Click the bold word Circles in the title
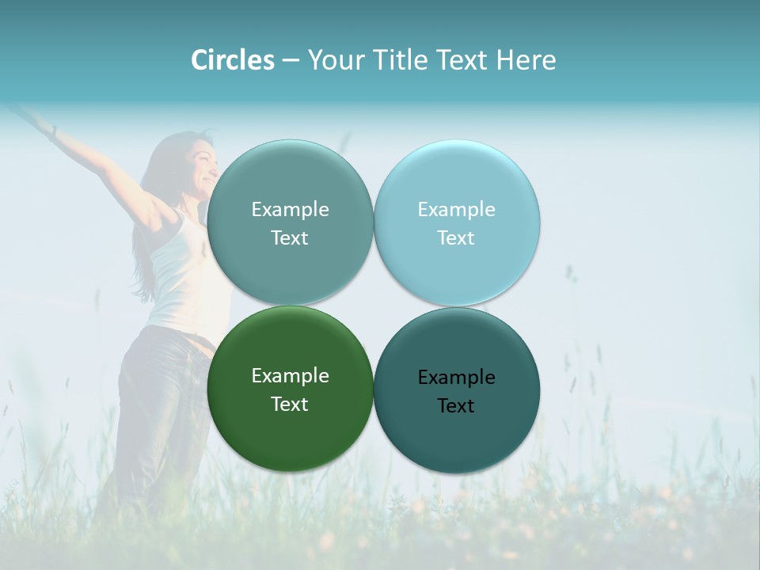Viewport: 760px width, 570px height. tap(232, 60)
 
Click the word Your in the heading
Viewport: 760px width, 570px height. tap(332, 60)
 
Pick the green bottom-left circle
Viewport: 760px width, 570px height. tap(290, 431)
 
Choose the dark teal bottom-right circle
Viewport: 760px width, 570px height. tap(457, 435)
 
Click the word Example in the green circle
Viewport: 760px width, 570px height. tap(290, 376)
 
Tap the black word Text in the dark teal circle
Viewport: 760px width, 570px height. tap(456, 406)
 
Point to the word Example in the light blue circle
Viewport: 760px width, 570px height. tap(456, 210)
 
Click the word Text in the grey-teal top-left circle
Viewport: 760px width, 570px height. tap(290, 238)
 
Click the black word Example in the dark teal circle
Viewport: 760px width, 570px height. tap(456, 378)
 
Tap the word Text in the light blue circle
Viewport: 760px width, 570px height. tap(456, 238)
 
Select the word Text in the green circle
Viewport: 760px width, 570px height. tap(290, 405)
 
